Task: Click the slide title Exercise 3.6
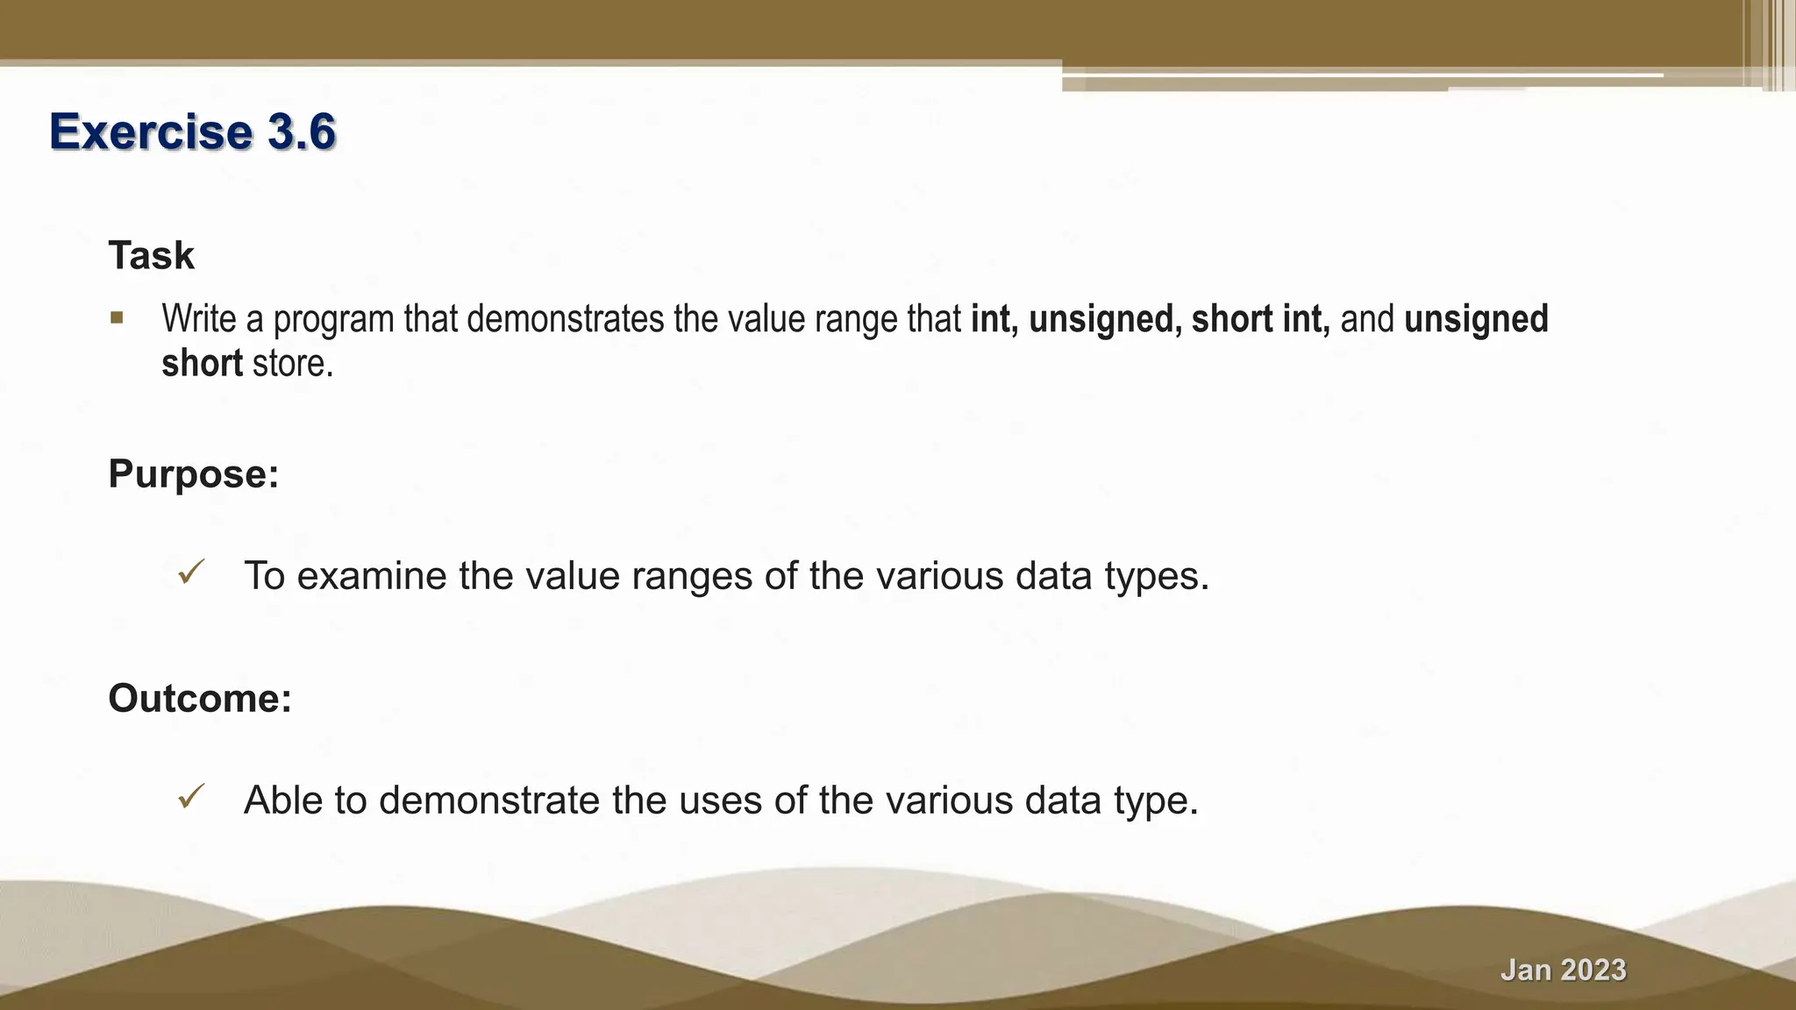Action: (192, 132)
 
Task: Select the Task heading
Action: (151, 256)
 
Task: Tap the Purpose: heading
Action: (193, 474)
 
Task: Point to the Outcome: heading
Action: (199, 699)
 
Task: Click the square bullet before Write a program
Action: (117, 317)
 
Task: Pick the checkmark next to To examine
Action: (190, 573)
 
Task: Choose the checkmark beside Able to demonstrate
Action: (190, 797)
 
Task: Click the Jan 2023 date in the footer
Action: (1563, 970)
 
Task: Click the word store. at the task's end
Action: (293, 364)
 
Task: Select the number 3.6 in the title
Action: (301, 132)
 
